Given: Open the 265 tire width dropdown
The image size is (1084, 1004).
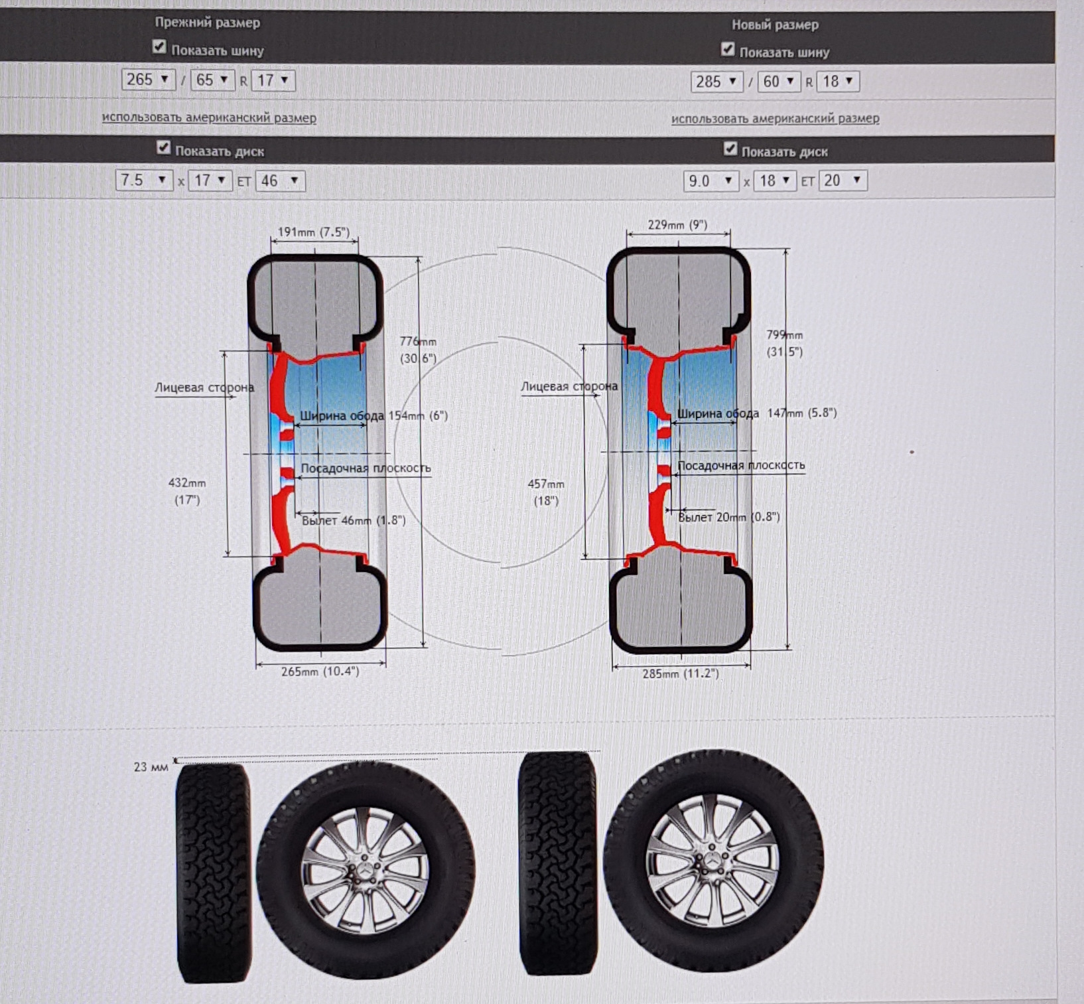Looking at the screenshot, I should point(148,80).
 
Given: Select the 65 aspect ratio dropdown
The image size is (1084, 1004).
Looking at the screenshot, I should point(212,80).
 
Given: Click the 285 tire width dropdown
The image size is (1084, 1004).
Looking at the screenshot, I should point(716,82).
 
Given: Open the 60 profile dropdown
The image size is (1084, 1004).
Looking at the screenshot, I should point(779,82).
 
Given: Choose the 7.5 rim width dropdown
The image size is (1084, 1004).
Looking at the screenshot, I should point(143,180).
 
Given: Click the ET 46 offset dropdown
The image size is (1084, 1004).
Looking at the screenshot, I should point(280,180).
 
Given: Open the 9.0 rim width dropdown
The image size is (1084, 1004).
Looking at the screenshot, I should point(711,180).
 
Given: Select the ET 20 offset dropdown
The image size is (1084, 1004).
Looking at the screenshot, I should point(843,180).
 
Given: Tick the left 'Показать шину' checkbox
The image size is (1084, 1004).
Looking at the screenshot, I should point(159,46).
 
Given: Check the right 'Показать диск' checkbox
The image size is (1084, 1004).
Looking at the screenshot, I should point(730,149).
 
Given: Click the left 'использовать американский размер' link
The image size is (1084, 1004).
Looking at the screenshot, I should point(209,117).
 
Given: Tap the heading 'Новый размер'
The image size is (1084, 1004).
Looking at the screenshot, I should point(775,25).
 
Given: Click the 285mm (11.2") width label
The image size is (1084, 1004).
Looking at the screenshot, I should point(680,674).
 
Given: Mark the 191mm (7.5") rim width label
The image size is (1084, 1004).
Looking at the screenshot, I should point(313,232).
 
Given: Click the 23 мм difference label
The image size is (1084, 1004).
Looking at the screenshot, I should point(151,767).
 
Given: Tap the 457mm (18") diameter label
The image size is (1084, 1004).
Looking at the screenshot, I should point(546,492).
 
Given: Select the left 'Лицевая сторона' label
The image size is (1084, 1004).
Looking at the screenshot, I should point(204,388).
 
